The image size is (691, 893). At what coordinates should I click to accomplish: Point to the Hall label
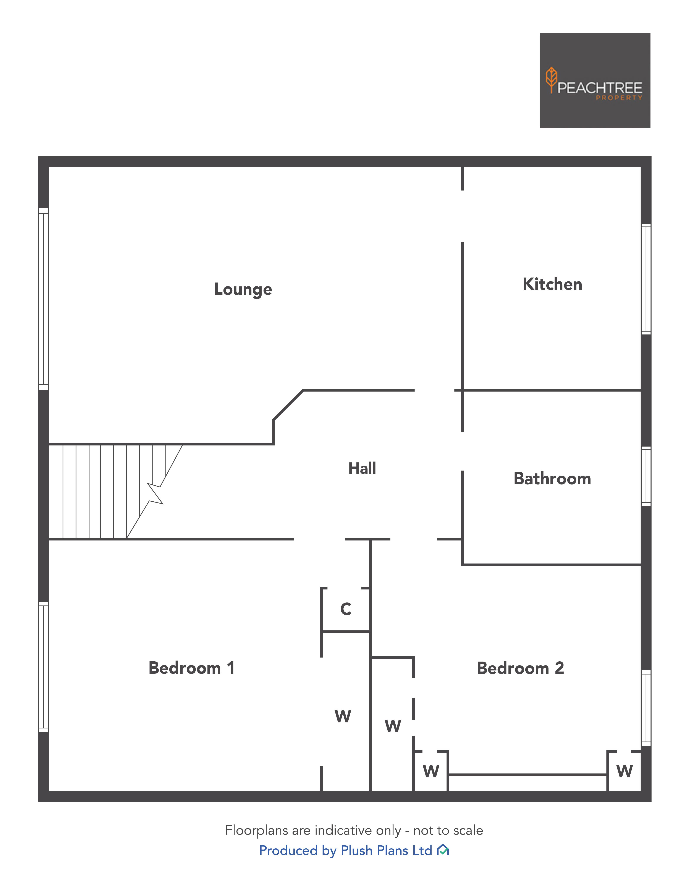click(x=362, y=468)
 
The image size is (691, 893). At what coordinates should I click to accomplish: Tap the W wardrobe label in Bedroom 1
click(x=343, y=716)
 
